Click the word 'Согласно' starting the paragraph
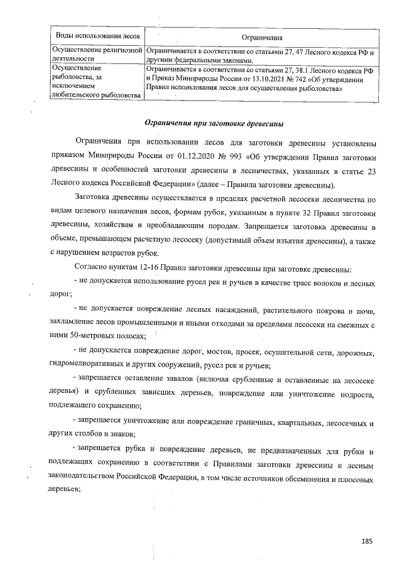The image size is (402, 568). (x=90, y=269)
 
